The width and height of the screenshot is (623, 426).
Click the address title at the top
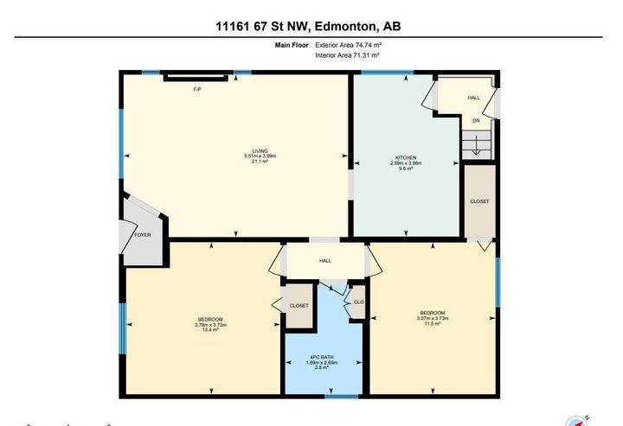308,27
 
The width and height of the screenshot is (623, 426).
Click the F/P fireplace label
196,89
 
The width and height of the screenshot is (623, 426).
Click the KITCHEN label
406,157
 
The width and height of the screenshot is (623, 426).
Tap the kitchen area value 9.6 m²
406,169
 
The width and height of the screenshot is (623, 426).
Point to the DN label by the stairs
475,121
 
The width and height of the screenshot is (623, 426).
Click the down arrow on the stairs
475,147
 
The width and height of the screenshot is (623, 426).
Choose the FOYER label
143,235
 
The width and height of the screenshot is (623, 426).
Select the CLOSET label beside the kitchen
479,201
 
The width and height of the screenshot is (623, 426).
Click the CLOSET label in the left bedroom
299,306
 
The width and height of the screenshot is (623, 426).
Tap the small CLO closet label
359,302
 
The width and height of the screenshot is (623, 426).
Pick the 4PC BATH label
322,357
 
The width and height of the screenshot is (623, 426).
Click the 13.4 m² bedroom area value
210,330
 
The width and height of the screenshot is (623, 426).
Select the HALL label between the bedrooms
324,260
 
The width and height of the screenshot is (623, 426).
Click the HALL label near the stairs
473,98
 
